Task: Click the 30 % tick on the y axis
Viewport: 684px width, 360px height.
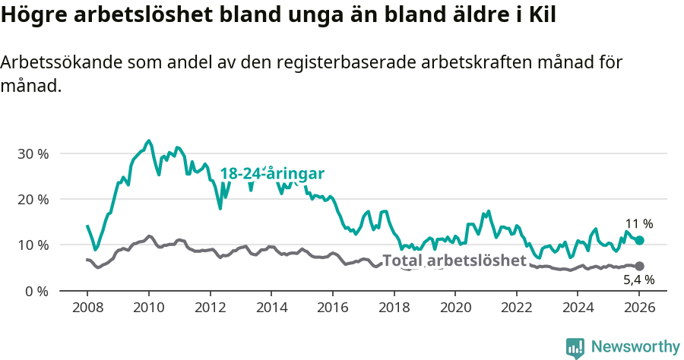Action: click(33, 153)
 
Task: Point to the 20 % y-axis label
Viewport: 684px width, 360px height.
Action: click(33, 199)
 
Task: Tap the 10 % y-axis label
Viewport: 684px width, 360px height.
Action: click(33, 245)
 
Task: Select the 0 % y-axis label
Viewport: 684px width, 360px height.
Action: click(36, 291)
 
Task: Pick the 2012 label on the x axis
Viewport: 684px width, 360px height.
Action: click(210, 308)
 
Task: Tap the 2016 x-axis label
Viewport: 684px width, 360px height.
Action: click(332, 308)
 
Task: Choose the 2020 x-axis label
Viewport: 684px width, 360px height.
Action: click(455, 308)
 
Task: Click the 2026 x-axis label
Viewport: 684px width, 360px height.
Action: click(639, 308)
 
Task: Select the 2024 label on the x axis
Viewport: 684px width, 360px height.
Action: click(578, 308)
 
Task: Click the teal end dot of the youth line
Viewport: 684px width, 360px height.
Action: click(639, 240)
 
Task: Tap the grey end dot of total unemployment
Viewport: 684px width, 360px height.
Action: click(639, 266)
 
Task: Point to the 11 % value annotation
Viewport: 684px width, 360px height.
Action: click(638, 224)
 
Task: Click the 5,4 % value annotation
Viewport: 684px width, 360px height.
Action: click(638, 279)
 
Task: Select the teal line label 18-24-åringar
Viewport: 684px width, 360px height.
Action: click(272, 174)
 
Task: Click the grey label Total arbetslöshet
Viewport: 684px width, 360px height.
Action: click(454, 261)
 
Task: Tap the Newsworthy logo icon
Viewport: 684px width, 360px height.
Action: click(575, 347)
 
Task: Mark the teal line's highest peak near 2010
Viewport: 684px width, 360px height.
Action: click(149, 141)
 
